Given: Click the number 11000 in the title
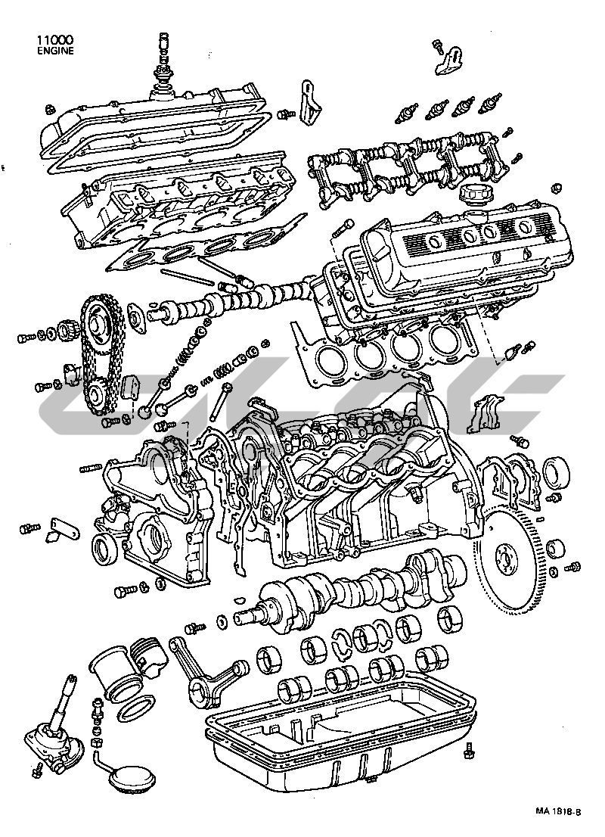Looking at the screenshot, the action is coord(55,40).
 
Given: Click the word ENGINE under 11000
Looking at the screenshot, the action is coord(55,51).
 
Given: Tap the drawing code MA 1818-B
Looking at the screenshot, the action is coord(558,825).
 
